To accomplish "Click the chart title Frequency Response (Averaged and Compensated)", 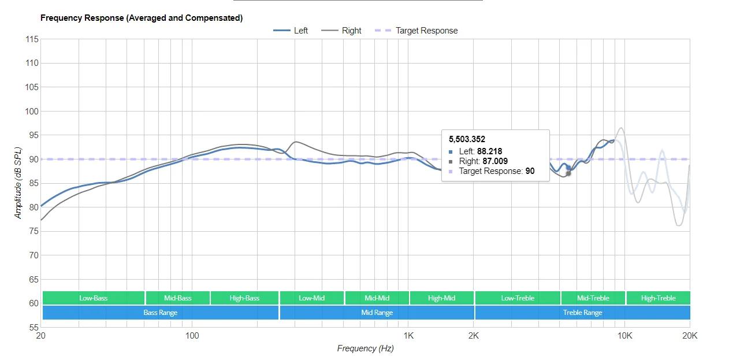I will pos(142,18).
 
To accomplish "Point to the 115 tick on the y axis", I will pos(32,39).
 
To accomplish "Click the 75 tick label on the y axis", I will pos(34,231).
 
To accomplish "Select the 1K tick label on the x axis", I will pos(408,336).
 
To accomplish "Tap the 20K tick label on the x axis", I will pos(689,336).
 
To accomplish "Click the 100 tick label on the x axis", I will pos(192,336).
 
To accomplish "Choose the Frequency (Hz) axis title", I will pos(365,348).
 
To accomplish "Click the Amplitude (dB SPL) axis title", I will pos(18,183).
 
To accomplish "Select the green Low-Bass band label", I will pos(94,298).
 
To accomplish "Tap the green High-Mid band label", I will pos(442,298).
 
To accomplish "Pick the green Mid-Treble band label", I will pos(593,298).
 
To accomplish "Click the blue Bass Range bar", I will pos(161,313).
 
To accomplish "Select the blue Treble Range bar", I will pos(582,313).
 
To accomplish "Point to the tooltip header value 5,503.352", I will pos(467,139).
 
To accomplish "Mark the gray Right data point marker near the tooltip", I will pos(568,173).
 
